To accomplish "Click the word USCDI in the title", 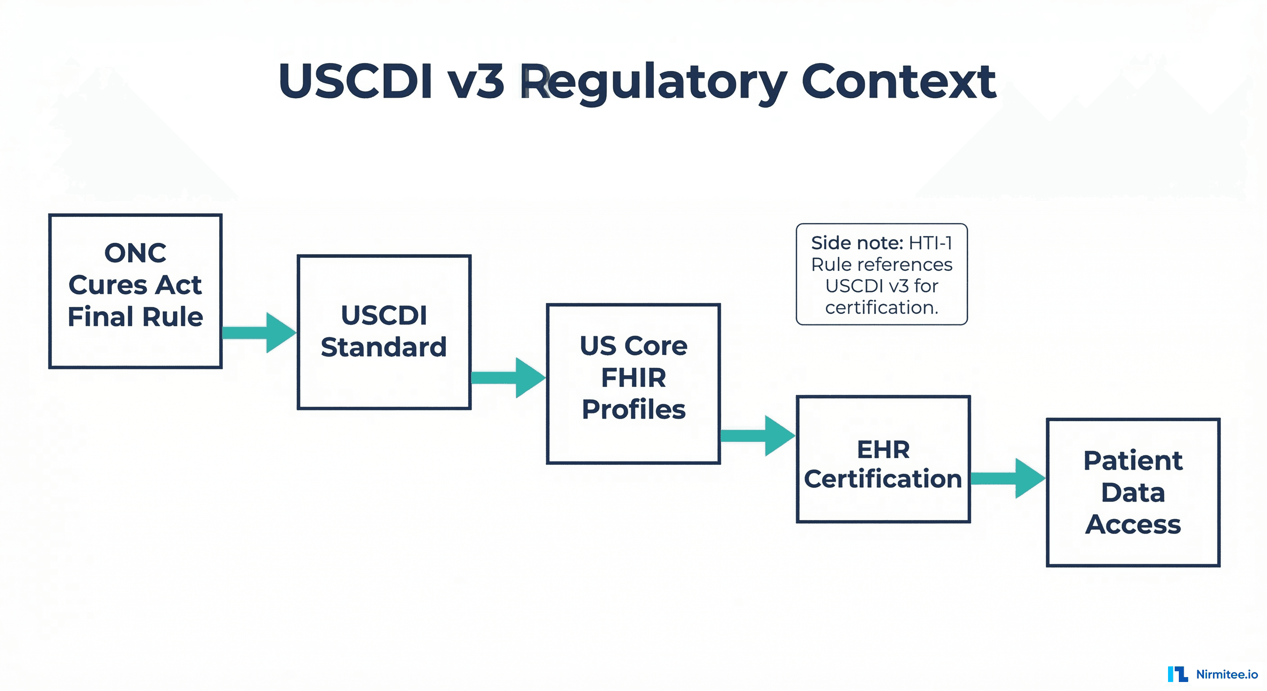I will [355, 81].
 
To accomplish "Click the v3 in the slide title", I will [476, 81].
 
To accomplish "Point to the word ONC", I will [135, 253].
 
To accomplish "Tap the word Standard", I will [384, 347].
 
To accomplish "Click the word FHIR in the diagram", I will [633, 378].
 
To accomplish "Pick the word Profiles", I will [633, 410].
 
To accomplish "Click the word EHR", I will [883, 449].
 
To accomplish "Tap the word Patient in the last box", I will [1133, 461].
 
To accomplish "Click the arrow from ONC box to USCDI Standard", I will [259, 332].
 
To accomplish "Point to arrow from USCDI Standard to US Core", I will [508, 378].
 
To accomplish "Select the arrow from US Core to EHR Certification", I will [757, 436].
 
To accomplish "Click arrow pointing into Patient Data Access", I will [1007, 478].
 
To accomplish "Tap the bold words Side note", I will [857, 243].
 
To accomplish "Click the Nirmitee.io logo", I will [1213, 674].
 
